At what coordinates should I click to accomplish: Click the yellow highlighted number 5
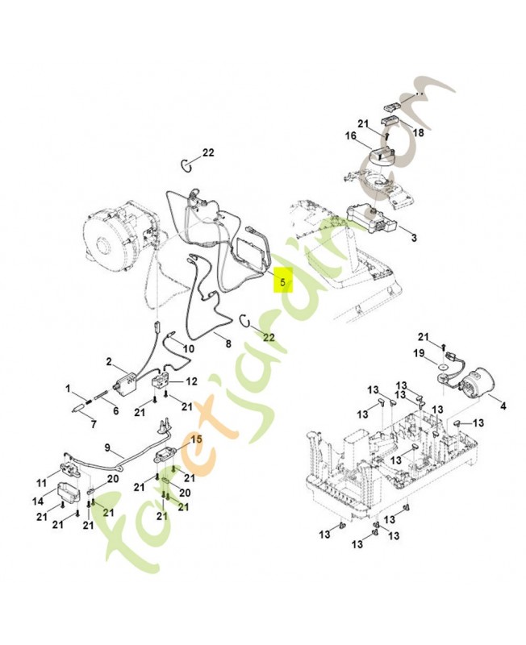pyautogui.click(x=282, y=282)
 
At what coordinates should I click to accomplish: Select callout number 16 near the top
pyautogui.click(x=351, y=137)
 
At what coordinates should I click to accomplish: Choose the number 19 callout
pyautogui.click(x=419, y=352)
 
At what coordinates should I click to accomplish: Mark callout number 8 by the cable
pyautogui.click(x=228, y=343)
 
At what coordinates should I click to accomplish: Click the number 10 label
pyautogui.click(x=189, y=348)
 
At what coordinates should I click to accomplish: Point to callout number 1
pyautogui.click(x=69, y=389)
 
